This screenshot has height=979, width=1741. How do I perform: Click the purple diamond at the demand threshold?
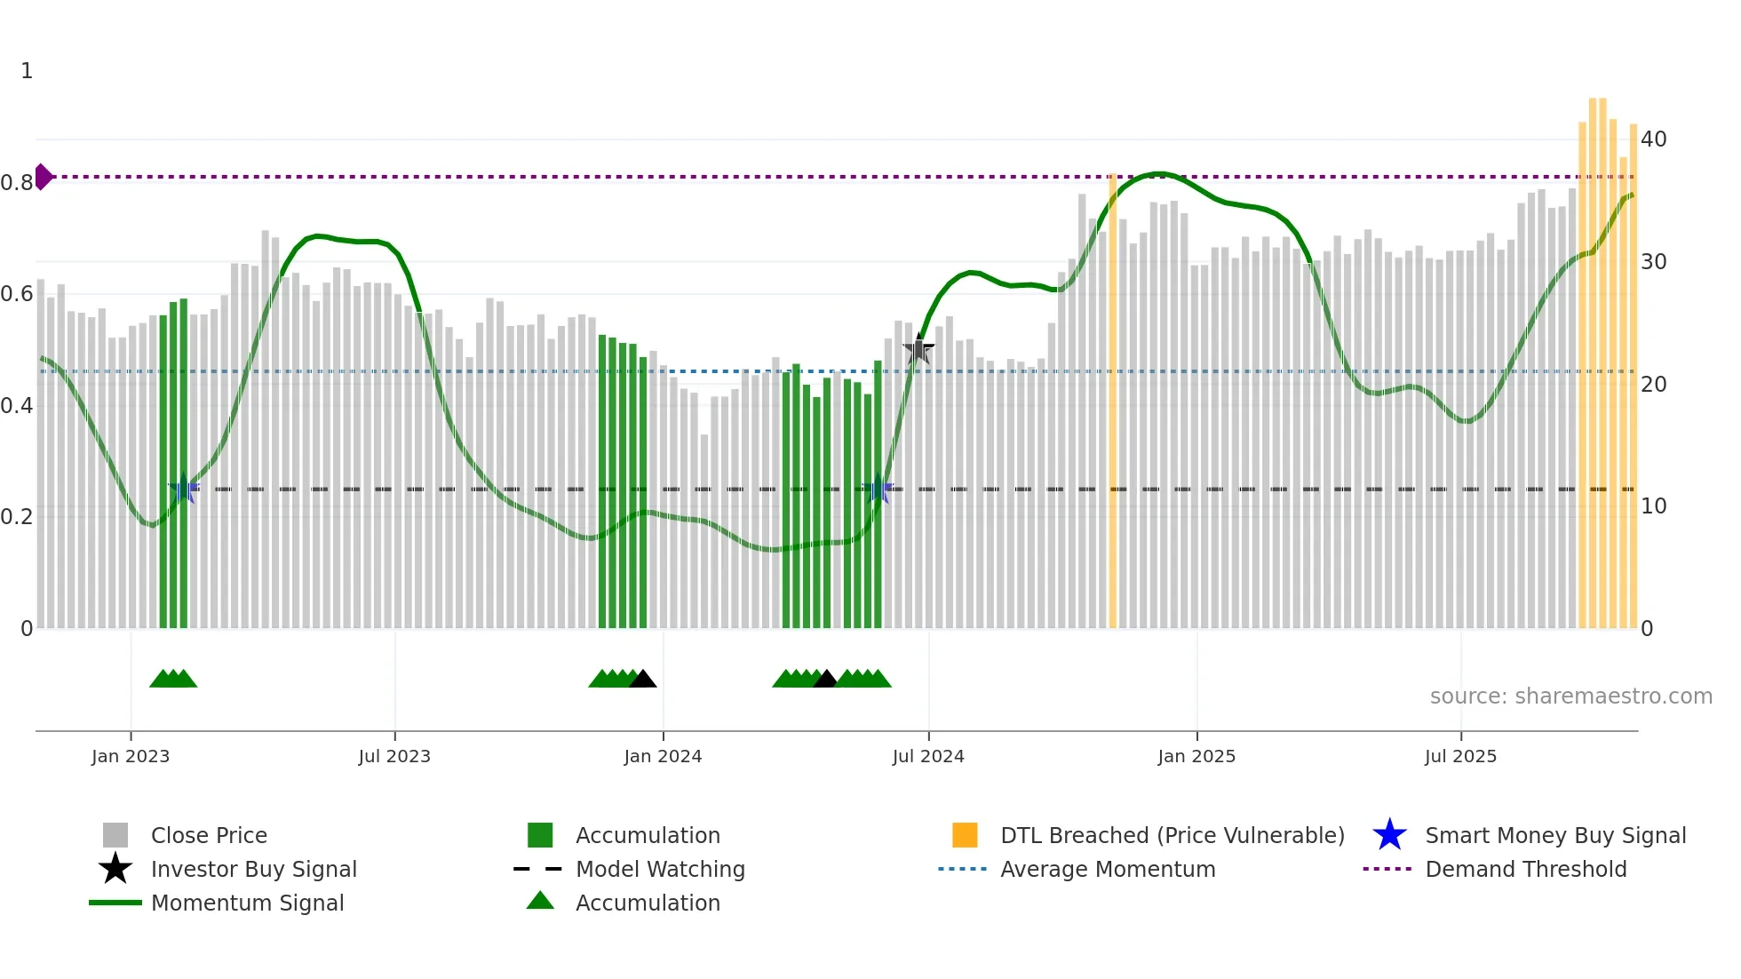(x=43, y=177)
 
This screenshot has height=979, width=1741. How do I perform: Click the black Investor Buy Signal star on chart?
(x=918, y=350)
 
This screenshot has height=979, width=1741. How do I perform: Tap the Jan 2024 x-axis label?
(x=663, y=756)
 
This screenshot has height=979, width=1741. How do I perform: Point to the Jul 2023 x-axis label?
(x=394, y=756)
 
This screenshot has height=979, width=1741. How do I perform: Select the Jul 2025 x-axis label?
(x=1460, y=756)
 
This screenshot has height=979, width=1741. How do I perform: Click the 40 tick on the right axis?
(x=1653, y=139)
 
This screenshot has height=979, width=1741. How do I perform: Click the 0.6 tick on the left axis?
(x=17, y=294)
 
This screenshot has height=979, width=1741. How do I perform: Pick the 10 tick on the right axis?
(x=1653, y=506)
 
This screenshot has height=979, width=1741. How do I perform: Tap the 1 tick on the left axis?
(x=27, y=71)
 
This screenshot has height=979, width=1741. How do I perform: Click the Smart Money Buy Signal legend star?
(x=1389, y=835)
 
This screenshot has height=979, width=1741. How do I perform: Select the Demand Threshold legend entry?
(x=1525, y=869)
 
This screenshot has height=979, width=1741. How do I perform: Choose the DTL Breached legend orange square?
(x=965, y=835)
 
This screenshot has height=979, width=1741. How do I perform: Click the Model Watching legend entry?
(x=659, y=869)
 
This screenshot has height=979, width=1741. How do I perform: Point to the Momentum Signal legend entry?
(x=247, y=903)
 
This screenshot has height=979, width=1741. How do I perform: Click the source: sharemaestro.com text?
(x=1570, y=696)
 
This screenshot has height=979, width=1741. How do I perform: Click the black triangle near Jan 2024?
(x=642, y=680)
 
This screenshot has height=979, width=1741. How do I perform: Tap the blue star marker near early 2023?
(x=184, y=489)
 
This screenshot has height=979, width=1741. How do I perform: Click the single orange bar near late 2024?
(x=1112, y=400)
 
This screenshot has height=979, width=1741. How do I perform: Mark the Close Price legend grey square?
(x=115, y=835)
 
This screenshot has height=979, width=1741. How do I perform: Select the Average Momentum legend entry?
(x=1107, y=869)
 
